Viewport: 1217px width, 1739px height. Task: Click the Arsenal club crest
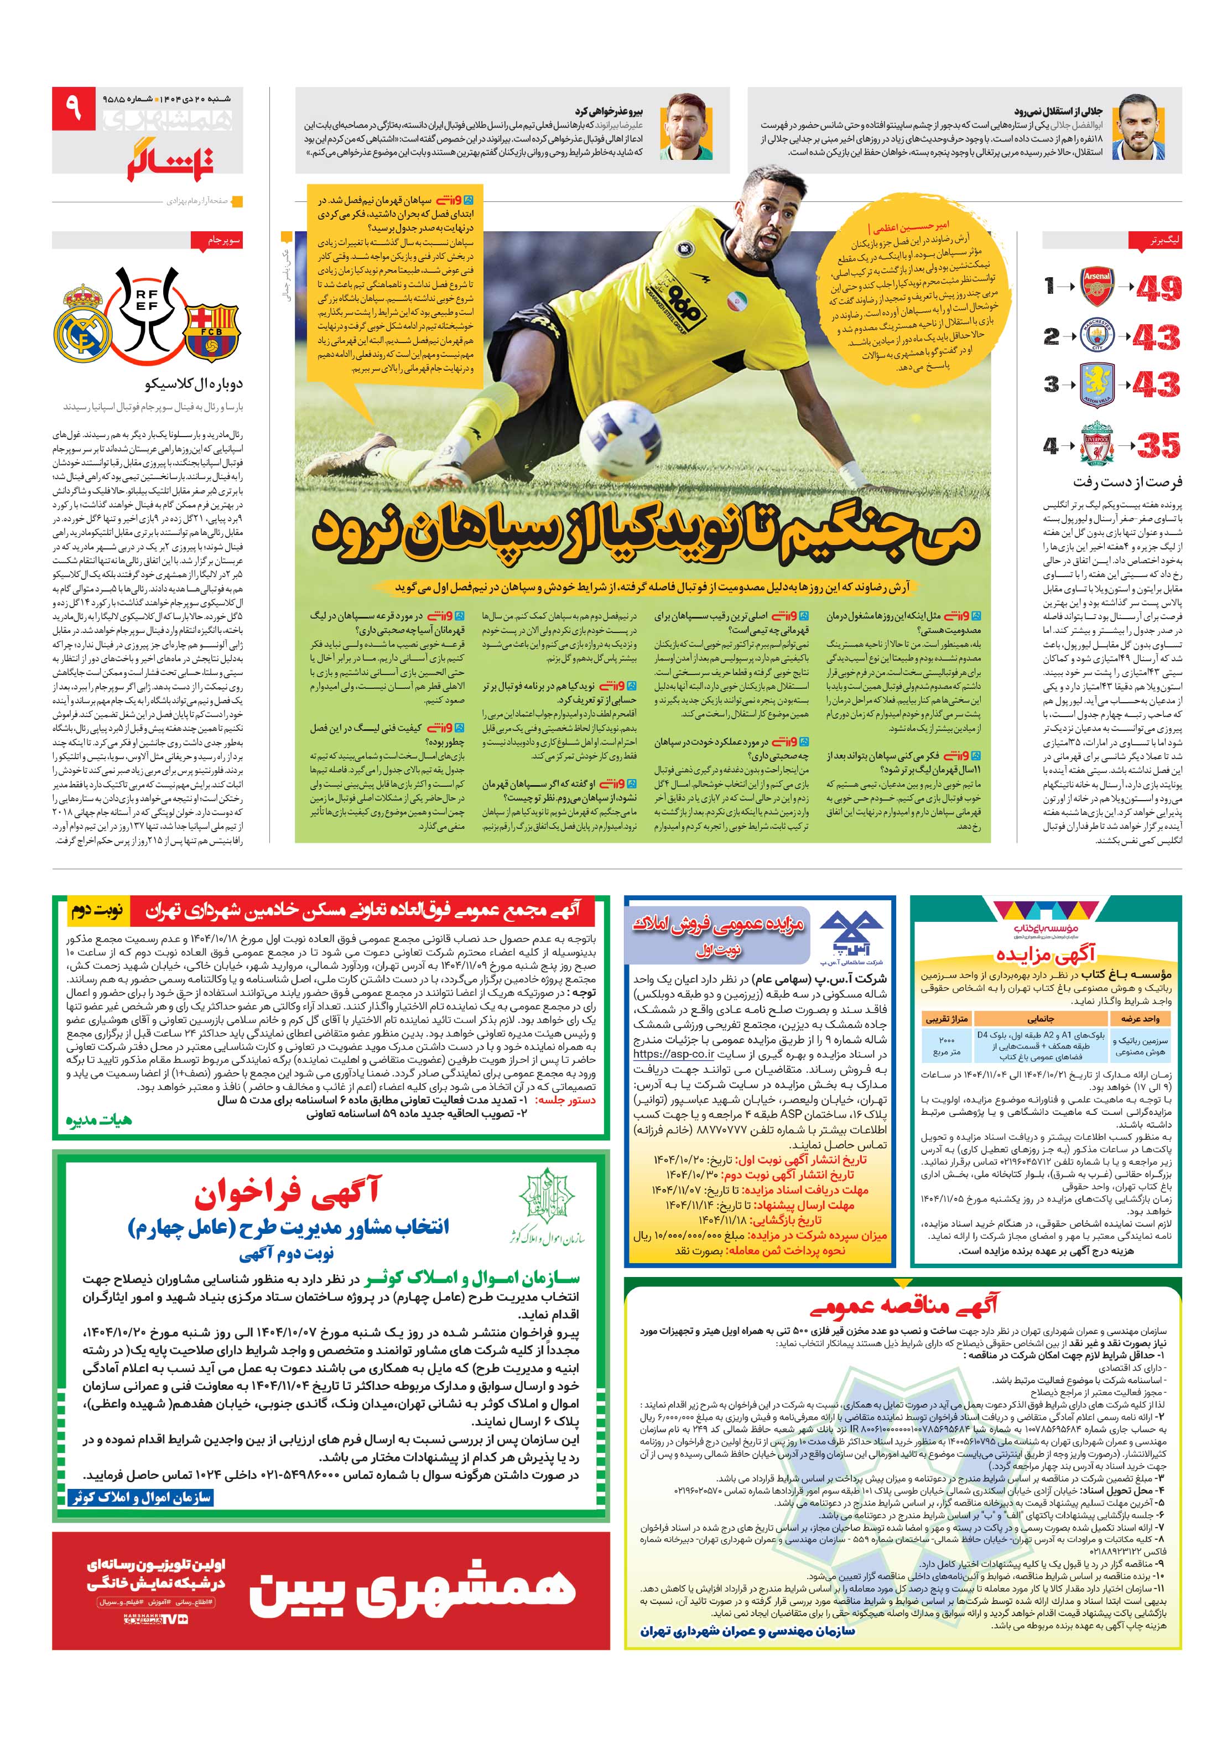click(x=1096, y=286)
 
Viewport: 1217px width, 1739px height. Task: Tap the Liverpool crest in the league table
click(x=1096, y=445)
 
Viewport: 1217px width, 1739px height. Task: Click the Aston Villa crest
click(x=1096, y=385)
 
